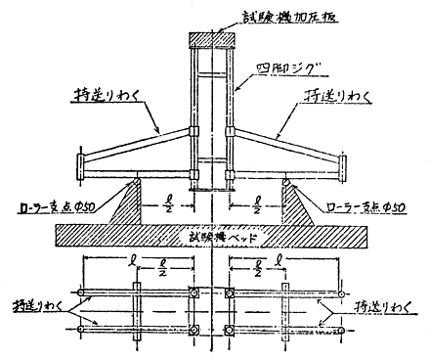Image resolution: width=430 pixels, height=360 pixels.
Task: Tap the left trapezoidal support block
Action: click(141, 202)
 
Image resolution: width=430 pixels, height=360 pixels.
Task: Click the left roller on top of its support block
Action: click(140, 178)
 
